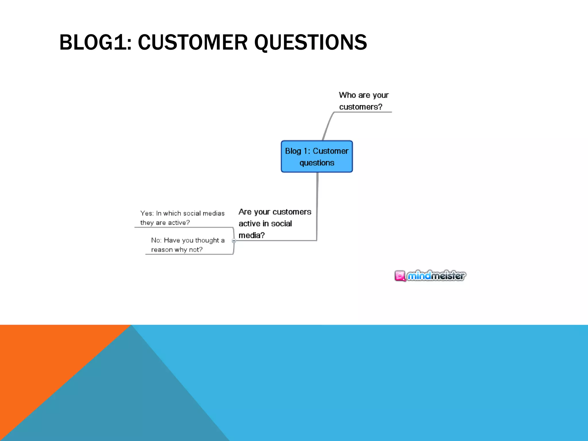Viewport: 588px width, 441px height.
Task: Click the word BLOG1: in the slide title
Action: [95, 42]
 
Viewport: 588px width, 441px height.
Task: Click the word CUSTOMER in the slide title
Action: [192, 42]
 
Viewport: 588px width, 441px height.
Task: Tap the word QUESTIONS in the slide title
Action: [310, 42]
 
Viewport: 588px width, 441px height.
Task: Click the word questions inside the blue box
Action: [317, 163]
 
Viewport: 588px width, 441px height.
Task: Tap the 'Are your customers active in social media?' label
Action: [274, 223]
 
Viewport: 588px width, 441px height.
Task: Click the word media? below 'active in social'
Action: [252, 235]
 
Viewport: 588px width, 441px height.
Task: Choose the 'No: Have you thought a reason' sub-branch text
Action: [188, 245]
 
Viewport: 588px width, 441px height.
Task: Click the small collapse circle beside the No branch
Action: [234, 241]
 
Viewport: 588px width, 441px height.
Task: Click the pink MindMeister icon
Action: [400, 276]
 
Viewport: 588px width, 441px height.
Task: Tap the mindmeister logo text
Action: [436, 276]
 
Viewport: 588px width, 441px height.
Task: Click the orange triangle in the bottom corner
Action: [43, 359]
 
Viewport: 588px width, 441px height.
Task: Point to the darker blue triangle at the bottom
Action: [129, 402]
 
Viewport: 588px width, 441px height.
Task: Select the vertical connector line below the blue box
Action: [317, 207]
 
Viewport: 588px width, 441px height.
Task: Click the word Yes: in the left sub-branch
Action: [147, 213]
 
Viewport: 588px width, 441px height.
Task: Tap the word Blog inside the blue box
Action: [293, 151]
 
